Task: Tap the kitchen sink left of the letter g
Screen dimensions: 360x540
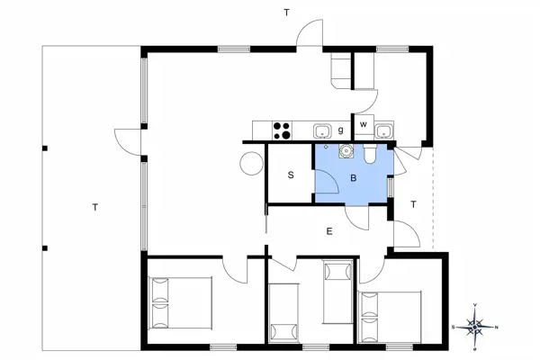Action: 322,131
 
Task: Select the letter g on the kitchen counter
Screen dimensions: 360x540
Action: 341,130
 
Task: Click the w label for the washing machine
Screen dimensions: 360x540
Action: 364,124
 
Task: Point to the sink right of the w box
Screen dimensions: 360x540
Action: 384,131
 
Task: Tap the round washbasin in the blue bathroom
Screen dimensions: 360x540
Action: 344,151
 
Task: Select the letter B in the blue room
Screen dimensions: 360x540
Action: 354,178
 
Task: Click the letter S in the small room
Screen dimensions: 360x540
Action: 291,175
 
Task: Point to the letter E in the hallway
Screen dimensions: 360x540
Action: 329,231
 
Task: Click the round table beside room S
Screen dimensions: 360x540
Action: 249,165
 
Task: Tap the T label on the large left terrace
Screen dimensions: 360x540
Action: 94,208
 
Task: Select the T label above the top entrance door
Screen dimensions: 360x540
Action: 286,13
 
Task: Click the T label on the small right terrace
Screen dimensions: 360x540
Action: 413,204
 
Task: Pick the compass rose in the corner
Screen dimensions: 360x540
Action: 478,325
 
